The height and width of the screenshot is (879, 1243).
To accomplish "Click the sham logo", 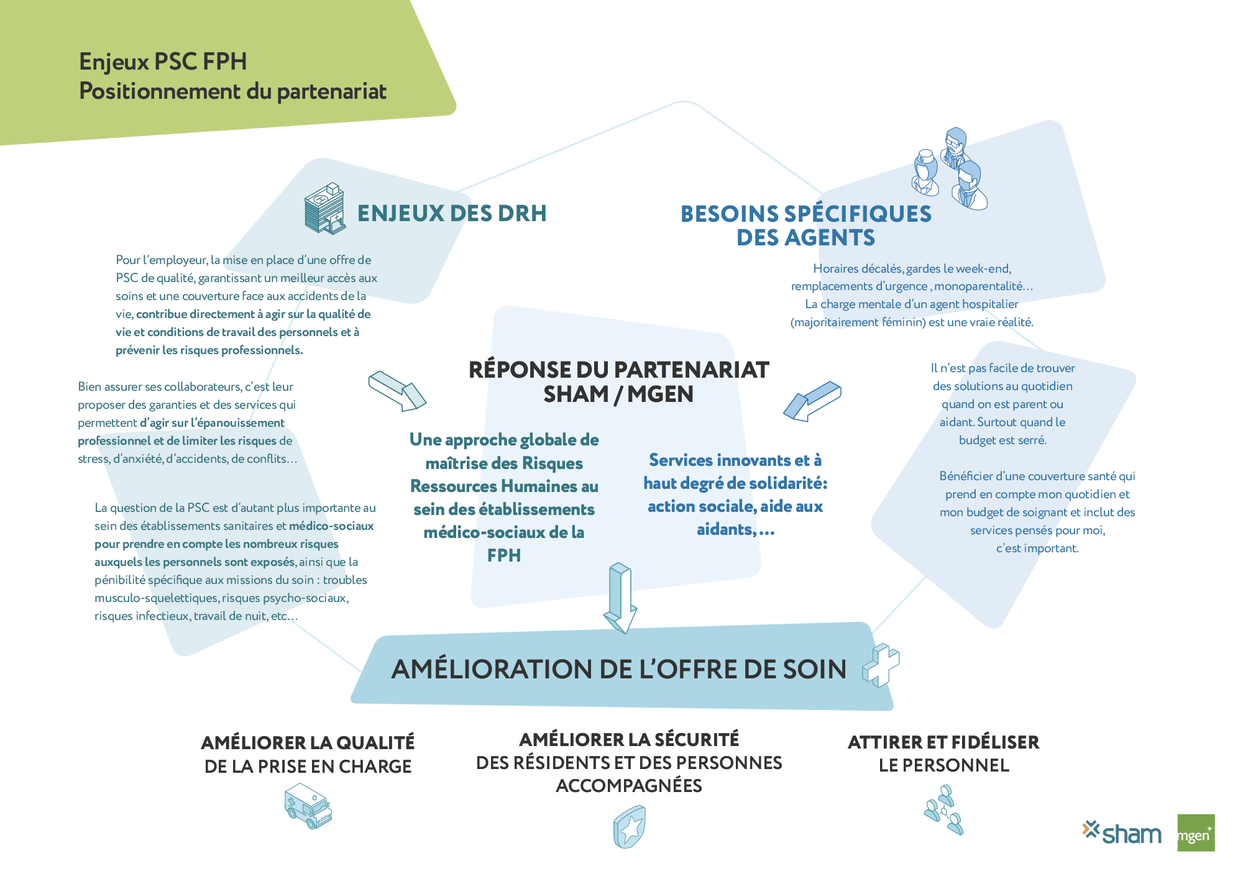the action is [1121, 833].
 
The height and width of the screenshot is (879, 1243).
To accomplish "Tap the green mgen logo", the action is [1196, 832].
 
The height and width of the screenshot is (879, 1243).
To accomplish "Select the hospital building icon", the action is [324, 208].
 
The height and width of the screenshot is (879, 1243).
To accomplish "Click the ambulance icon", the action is [308, 806].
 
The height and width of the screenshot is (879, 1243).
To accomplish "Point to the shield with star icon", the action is [630, 827].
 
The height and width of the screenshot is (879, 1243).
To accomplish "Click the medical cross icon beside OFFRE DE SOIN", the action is [881, 665].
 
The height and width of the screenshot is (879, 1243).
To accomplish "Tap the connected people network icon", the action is [944, 809].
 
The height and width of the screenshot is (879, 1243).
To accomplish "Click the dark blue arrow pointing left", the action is [812, 401].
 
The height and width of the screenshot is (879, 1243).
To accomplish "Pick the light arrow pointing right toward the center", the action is [397, 391].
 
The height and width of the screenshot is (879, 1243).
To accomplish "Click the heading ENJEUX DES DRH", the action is [452, 213].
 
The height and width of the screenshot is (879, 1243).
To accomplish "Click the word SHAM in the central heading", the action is [576, 394].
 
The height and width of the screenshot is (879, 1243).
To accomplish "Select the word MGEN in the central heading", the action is [660, 394].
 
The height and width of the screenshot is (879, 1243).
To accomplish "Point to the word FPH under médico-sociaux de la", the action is [504, 555].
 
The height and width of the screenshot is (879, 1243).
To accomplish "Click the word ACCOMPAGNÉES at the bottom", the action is [629, 786].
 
